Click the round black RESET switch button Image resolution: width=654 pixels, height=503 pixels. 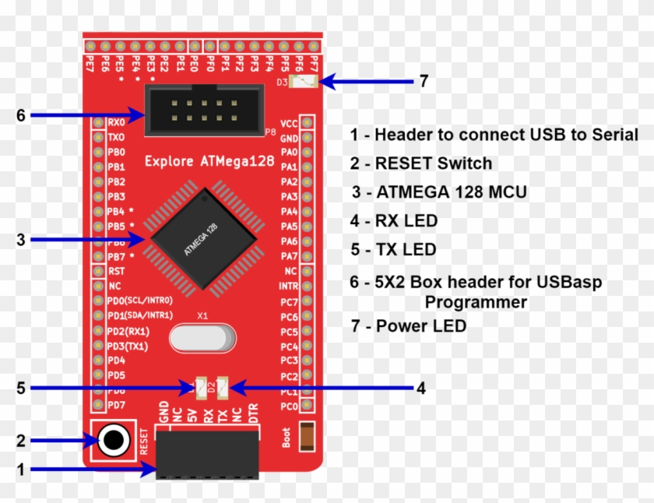click(x=114, y=441)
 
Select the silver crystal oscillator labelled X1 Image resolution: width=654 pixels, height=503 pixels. click(x=202, y=339)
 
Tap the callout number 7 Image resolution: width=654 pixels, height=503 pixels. click(x=424, y=81)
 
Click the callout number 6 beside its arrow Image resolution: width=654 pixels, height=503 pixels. click(x=21, y=115)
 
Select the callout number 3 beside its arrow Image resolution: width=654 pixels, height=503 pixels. click(x=21, y=240)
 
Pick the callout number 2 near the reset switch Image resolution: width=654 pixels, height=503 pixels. click(x=21, y=441)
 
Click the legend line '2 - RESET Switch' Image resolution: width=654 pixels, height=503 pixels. click(x=421, y=164)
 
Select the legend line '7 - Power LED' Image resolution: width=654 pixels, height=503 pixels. click(x=409, y=326)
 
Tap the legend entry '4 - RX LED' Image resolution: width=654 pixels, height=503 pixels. click(x=394, y=221)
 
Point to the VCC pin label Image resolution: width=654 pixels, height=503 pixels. click(x=289, y=123)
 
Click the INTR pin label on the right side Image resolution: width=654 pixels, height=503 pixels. click(x=289, y=287)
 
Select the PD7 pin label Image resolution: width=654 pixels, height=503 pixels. click(x=116, y=405)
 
